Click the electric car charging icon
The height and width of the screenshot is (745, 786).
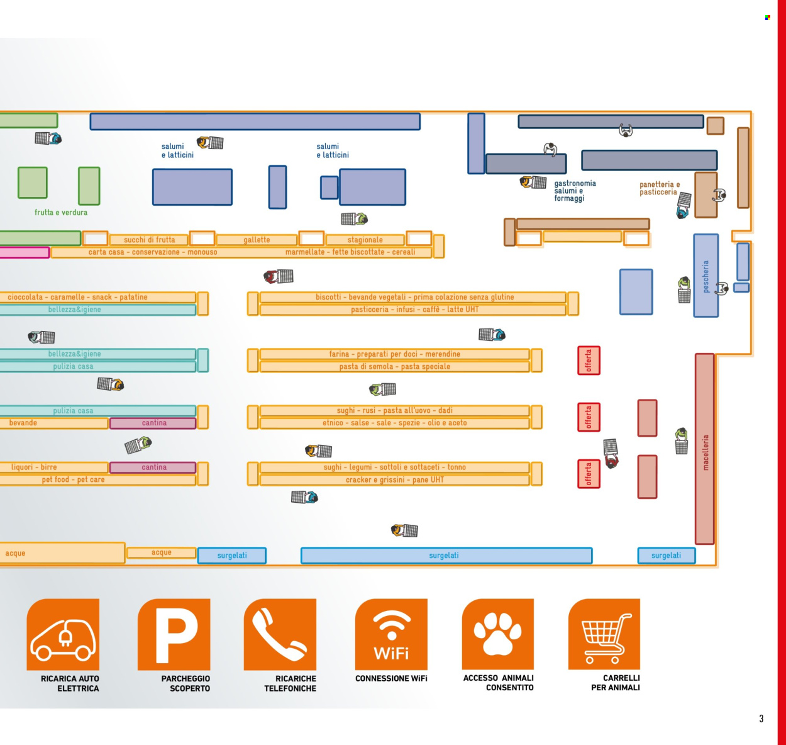coord(63,634)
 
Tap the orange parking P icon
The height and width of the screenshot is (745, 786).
coord(174,634)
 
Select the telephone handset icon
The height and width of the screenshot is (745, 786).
coord(280,634)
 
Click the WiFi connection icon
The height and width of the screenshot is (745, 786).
coord(391,634)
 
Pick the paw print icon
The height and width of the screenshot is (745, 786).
coord(498,634)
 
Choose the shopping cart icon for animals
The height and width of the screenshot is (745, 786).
coord(604,634)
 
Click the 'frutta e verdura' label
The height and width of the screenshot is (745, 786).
coord(61,213)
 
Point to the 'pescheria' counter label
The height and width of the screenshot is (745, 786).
coord(706,277)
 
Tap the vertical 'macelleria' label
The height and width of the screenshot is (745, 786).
coord(705,452)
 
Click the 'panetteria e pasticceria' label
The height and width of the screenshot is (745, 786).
coord(659,189)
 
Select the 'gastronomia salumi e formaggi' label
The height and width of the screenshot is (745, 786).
coord(575,191)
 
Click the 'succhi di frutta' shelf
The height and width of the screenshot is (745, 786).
coord(149,240)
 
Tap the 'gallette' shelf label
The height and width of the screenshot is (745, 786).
coord(257,240)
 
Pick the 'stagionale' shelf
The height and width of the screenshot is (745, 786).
coord(365,240)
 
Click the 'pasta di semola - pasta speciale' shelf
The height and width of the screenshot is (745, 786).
coord(394,366)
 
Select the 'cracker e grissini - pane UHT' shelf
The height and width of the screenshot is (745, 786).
coord(394,479)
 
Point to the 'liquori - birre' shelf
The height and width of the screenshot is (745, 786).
coord(34,467)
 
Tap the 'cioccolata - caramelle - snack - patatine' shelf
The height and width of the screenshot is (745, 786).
coord(77,297)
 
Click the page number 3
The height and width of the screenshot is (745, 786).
coord(761,719)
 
